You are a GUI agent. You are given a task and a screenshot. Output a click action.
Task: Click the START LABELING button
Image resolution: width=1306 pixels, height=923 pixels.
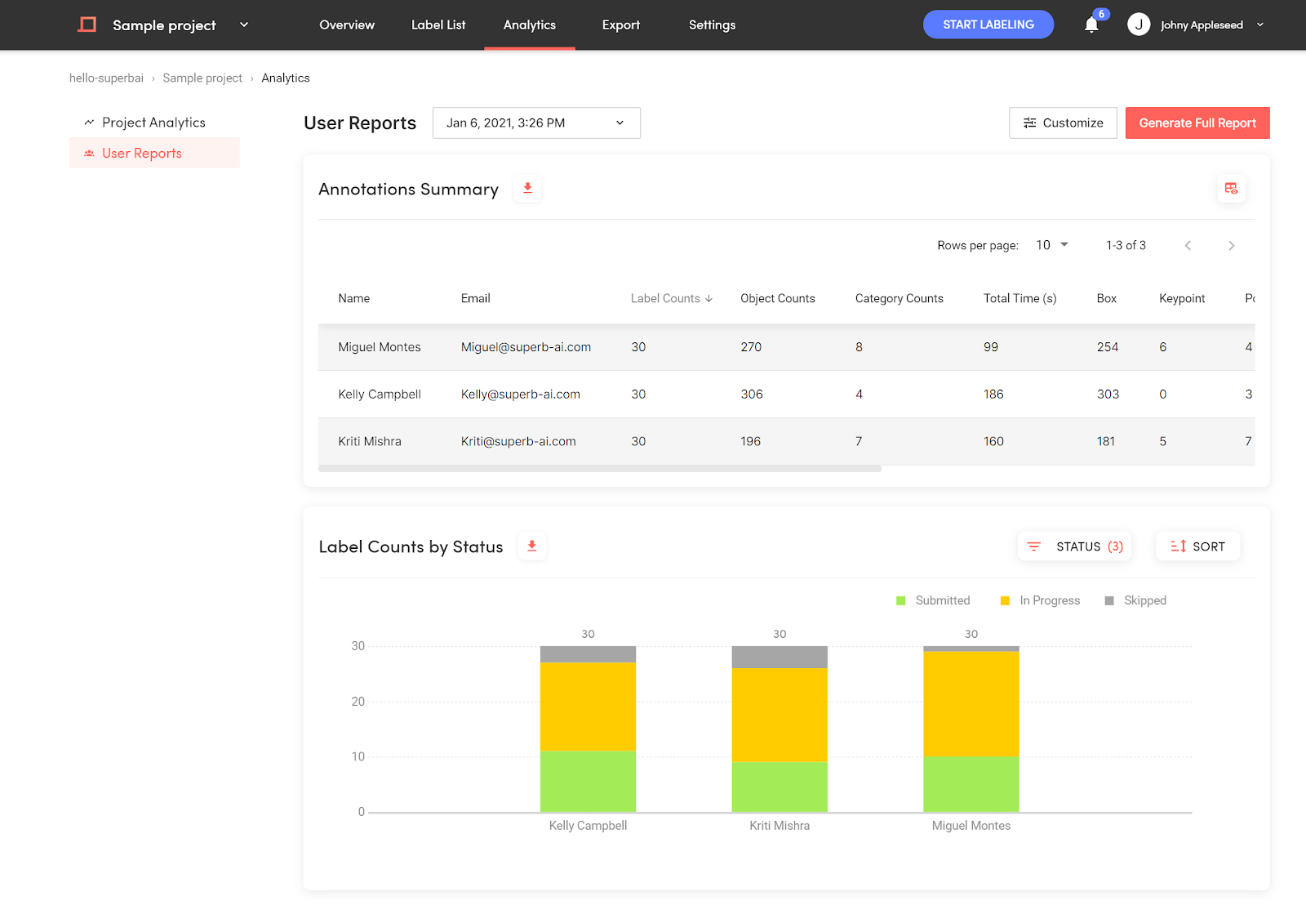988,25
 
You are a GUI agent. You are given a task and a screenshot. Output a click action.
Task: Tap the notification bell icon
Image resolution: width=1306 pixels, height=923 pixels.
1091,25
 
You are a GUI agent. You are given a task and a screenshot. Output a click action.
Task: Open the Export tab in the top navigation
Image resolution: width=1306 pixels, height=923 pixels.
621,25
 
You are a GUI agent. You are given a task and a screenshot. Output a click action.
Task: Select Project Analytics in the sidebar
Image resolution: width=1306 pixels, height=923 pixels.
153,122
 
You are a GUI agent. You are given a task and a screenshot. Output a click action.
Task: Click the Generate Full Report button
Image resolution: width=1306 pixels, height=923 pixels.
1197,123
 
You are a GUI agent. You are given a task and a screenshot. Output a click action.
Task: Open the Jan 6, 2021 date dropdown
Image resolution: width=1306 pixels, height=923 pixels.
536,123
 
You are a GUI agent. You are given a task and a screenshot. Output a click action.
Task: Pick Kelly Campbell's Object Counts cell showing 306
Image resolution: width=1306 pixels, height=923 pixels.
752,394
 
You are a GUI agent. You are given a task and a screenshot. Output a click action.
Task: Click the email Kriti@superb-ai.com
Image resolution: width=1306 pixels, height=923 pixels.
518,441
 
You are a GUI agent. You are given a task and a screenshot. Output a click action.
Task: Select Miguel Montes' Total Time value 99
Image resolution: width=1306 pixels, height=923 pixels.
991,346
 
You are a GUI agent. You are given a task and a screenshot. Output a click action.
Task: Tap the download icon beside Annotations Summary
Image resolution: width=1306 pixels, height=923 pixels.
527,189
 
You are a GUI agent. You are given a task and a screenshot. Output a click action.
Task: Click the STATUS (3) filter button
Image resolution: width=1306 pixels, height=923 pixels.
1074,546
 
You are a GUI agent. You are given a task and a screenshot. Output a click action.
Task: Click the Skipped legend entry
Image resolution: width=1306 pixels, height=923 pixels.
1135,600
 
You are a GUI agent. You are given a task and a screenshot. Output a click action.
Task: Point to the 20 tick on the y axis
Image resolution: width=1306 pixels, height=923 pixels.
358,702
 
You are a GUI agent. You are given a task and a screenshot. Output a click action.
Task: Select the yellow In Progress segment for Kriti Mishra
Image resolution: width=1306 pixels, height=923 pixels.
780,715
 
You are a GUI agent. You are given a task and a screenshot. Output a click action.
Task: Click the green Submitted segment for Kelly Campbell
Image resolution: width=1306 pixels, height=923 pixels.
588,781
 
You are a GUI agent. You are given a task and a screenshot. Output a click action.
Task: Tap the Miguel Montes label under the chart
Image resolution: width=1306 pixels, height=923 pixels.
971,826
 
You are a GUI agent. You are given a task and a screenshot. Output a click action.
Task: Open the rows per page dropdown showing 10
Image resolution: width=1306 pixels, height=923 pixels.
1052,245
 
